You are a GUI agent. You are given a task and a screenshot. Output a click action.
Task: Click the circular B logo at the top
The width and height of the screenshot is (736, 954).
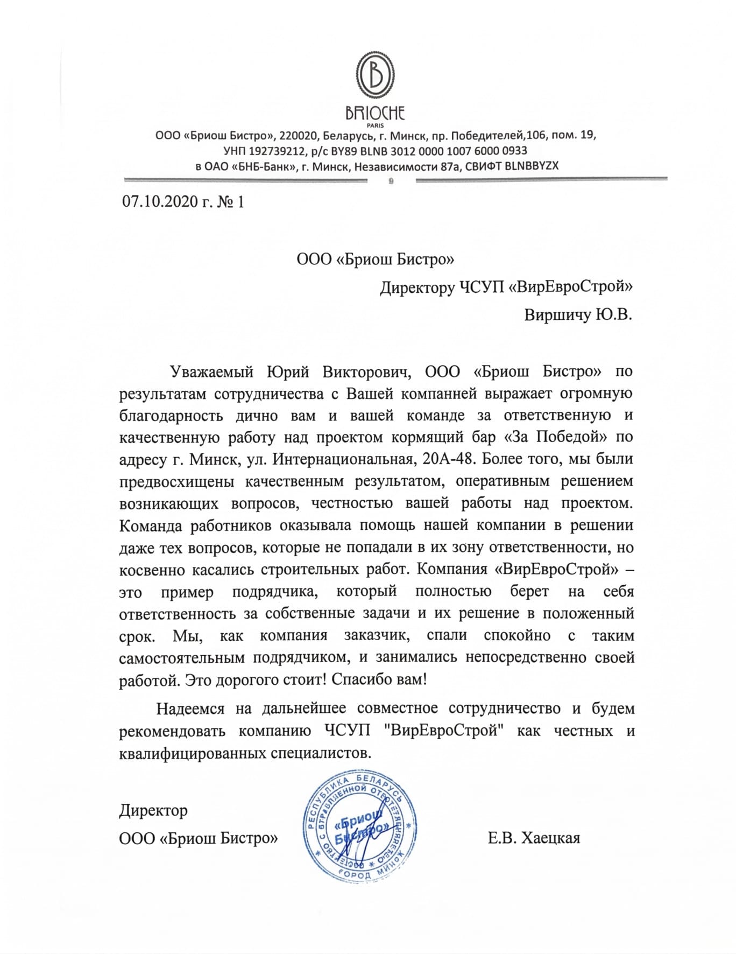pyautogui.click(x=375, y=76)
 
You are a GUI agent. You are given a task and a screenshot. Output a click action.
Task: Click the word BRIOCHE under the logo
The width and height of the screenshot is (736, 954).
pyautogui.click(x=375, y=113)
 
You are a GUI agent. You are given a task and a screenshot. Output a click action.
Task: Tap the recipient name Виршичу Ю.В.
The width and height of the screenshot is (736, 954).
pyautogui.click(x=578, y=314)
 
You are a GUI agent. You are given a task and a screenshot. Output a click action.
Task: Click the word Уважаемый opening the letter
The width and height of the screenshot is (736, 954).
pyautogui.click(x=211, y=371)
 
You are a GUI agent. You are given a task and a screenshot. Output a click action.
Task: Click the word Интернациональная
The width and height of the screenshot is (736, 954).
pyautogui.click(x=343, y=459)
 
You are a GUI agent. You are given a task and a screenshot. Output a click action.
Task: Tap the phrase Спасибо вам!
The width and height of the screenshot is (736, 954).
pyautogui.click(x=379, y=679)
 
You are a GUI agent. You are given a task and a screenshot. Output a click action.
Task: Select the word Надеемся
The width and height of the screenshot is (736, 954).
pyautogui.click(x=190, y=709)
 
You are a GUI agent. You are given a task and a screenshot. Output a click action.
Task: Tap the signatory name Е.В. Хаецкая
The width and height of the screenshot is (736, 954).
pyautogui.click(x=534, y=838)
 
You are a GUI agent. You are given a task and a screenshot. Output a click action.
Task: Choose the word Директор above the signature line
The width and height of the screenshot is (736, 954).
pyautogui.click(x=153, y=810)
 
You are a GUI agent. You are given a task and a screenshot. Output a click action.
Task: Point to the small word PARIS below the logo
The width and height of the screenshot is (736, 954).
pyautogui.click(x=375, y=126)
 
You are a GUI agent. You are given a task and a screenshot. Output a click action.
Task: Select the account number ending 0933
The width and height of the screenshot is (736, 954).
pyautogui.click(x=449, y=151)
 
